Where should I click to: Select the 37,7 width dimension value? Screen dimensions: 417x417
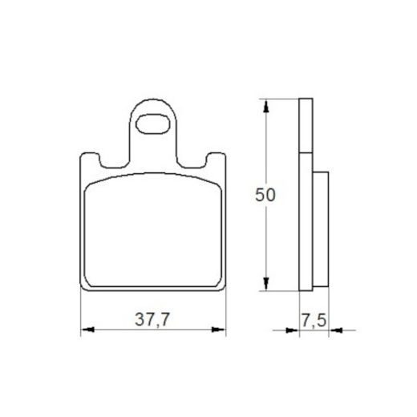click(152, 319)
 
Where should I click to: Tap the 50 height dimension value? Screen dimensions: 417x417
click(265, 195)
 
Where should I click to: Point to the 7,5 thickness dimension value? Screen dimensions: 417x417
click(314, 319)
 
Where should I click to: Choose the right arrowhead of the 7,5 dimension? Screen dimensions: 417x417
click(333, 329)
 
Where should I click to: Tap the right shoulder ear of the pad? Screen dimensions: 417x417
click(213, 159)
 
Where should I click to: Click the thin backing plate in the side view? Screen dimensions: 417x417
click(304, 192)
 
